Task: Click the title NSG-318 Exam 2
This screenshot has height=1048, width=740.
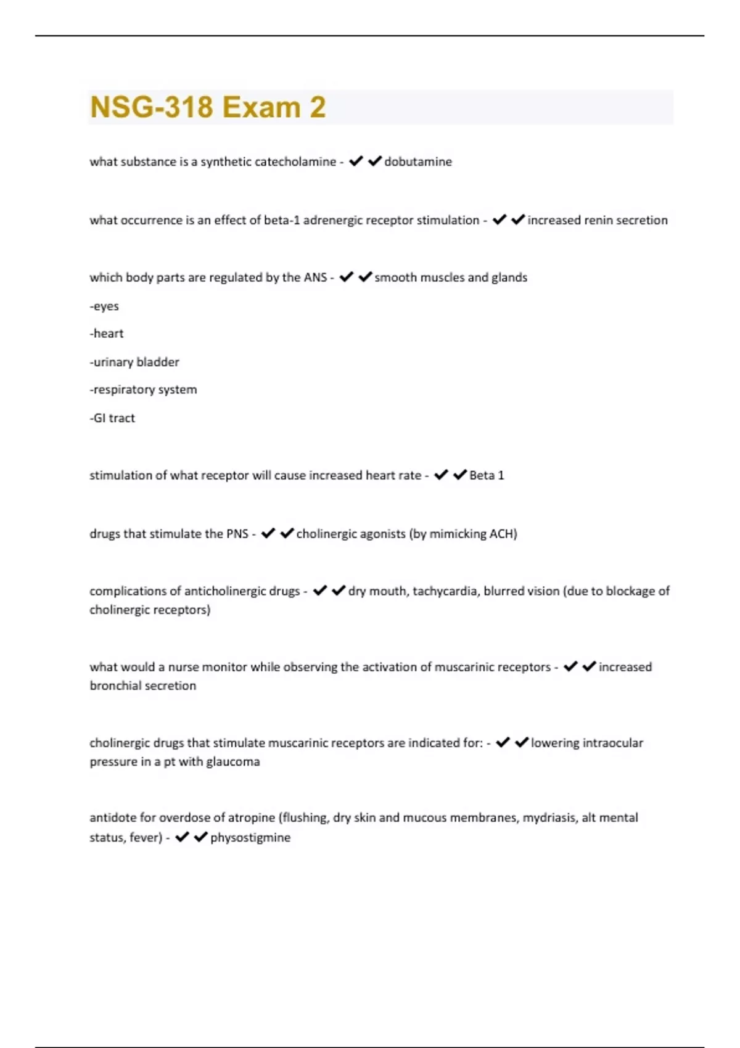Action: click(208, 107)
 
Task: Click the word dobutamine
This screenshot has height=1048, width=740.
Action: click(418, 162)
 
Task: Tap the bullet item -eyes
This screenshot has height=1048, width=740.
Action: click(104, 306)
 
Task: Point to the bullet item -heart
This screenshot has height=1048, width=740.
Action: click(107, 334)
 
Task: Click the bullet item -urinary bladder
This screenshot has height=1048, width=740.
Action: click(134, 362)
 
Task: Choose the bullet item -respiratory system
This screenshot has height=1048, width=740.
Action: click(143, 390)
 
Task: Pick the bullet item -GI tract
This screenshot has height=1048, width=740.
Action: click(112, 418)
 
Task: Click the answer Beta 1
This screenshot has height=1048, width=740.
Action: click(487, 475)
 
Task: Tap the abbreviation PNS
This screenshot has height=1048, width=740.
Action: click(237, 534)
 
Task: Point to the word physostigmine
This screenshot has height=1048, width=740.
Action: click(250, 838)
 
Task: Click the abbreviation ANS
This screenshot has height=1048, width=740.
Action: click(315, 277)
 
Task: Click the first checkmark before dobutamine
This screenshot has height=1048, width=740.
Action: click(356, 162)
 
